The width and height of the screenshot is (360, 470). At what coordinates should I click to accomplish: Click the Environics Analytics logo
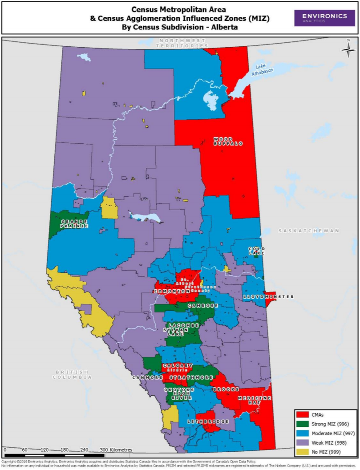[324, 18]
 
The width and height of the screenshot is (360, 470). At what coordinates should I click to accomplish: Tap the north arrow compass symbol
[348, 49]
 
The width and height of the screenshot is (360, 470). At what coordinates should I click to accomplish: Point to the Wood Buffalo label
[227, 141]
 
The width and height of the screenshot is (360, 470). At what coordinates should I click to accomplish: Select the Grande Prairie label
[74, 224]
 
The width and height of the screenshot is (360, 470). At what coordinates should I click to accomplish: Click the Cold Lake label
[257, 251]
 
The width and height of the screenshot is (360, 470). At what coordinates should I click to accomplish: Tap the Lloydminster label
[268, 296]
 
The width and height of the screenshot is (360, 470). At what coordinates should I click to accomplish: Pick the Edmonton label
[172, 291]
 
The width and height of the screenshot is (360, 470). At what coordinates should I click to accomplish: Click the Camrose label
[202, 306]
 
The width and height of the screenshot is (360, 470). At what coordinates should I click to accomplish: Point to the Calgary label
[178, 366]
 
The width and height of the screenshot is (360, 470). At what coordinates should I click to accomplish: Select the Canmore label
[147, 377]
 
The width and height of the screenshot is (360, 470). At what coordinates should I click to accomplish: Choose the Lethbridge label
[205, 421]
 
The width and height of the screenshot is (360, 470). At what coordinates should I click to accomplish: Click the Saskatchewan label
[309, 231]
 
